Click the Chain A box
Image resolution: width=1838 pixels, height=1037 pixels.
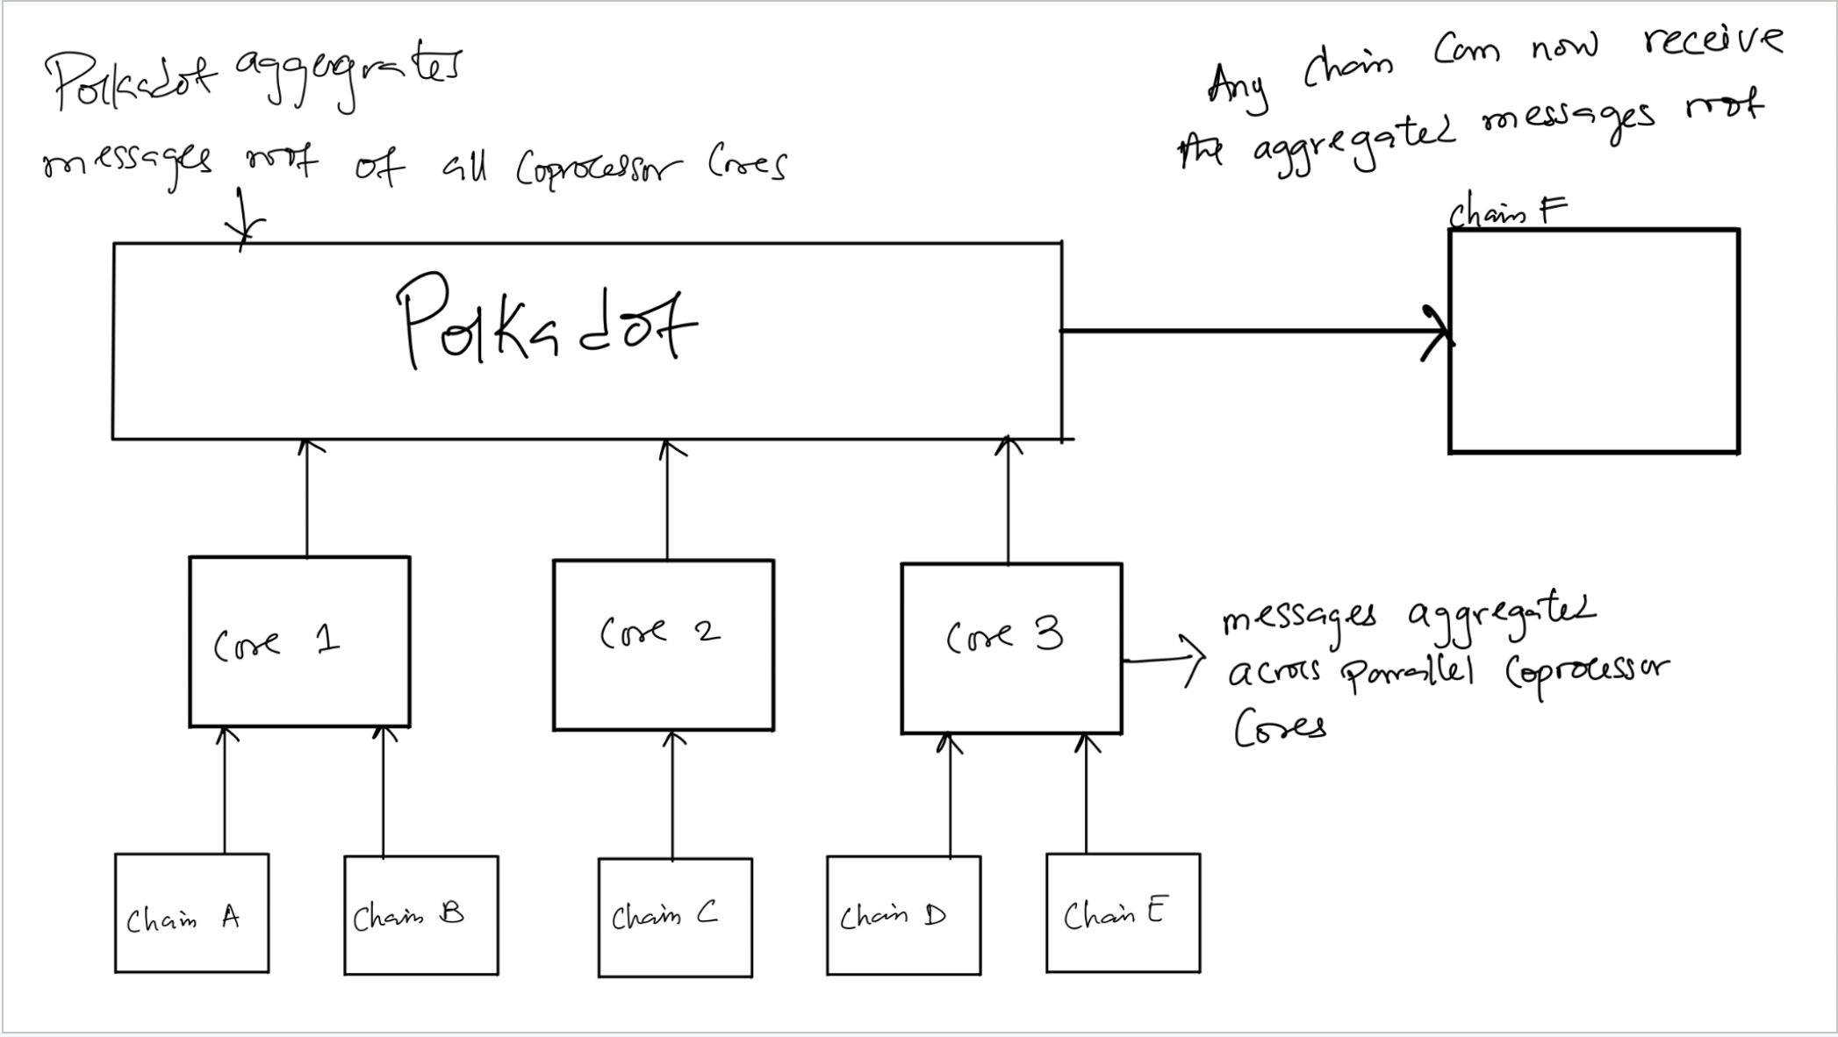click(191, 913)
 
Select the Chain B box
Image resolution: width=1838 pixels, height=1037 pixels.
click(421, 915)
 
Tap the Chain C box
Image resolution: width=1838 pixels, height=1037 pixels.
click(675, 917)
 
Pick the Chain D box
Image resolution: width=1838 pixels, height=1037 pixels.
click(903, 915)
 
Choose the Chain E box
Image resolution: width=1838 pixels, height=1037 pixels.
click(1123, 912)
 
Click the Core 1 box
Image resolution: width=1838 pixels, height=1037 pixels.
click(299, 641)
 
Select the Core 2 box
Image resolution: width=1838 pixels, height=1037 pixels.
click(664, 645)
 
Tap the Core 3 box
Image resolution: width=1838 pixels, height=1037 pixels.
click(1011, 647)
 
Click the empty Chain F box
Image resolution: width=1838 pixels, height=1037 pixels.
click(1594, 340)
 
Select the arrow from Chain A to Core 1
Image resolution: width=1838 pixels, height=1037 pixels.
click(225, 790)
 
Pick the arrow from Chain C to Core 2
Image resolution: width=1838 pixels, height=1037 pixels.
click(673, 794)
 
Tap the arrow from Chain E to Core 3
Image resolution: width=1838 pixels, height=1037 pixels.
click(1087, 794)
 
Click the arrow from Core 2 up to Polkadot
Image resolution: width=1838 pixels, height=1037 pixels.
click(667, 500)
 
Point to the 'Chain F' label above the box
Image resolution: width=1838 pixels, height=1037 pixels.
click(1506, 211)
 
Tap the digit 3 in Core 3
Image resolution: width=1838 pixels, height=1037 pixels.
click(1048, 633)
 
